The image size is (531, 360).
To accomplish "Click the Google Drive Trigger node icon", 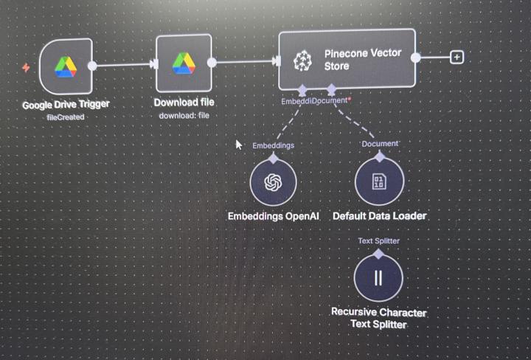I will [65, 66].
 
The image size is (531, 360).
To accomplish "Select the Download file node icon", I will [184, 63].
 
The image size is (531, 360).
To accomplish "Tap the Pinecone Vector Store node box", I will [347, 60].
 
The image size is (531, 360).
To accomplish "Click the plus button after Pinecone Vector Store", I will [457, 57].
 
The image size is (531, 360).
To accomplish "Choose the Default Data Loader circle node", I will [379, 181].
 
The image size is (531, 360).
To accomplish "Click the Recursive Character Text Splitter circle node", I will [378, 277].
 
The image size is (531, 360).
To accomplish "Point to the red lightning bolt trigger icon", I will [27, 68].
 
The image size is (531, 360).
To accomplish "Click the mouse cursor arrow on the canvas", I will [238, 145].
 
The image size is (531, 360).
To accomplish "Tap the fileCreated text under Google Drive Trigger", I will [66, 117].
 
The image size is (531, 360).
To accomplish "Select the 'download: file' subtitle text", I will [184, 115].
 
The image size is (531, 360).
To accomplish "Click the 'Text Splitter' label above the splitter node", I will [379, 240].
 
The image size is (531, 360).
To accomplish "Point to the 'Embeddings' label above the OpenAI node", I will [273, 145].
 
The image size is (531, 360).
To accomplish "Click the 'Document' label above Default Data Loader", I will [380, 143].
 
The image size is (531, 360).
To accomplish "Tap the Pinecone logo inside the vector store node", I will [302, 61].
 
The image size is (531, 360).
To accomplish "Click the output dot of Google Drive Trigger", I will [92, 66].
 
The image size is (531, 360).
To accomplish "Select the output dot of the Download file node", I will [211, 63].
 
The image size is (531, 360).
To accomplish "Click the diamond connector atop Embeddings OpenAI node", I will [273, 158].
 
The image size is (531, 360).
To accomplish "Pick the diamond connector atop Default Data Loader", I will [380, 156].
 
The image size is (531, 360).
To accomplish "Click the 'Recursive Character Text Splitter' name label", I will [378, 318].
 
